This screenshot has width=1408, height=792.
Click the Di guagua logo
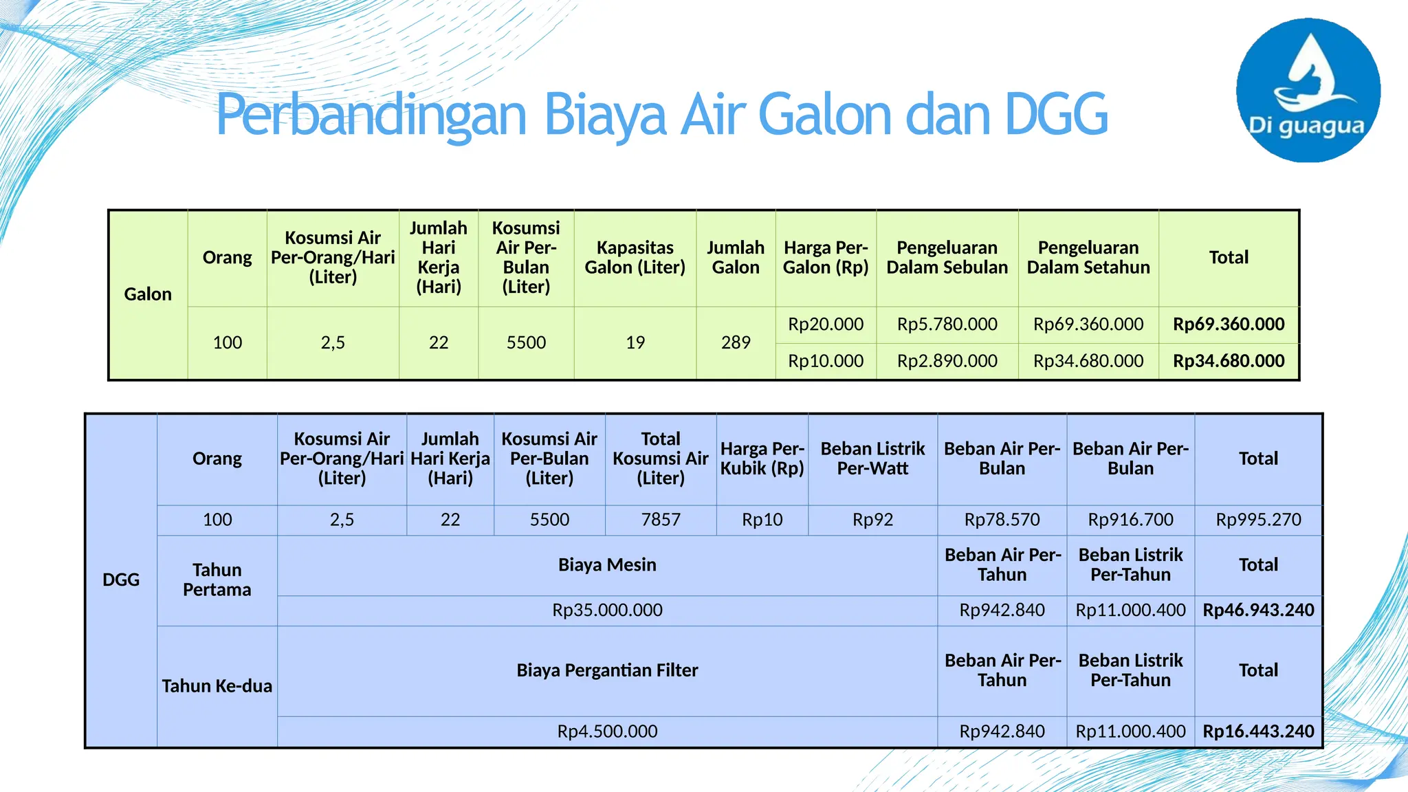tap(1308, 91)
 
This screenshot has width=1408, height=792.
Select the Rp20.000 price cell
tap(826, 324)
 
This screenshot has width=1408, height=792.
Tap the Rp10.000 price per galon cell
tap(826, 361)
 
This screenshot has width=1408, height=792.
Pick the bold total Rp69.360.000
tap(1229, 324)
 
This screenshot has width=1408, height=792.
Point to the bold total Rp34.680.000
tap(1229, 361)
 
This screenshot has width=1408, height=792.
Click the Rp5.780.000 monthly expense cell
tap(947, 324)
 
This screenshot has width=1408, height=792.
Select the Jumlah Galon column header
tap(736, 258)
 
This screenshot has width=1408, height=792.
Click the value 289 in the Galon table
tap(736, 342)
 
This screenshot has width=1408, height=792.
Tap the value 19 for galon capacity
tap(635, 342)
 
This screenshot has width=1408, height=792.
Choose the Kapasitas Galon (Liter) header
tap(635, 258)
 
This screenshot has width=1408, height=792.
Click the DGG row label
tap(121, 580)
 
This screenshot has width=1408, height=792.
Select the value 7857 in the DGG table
tap(661, 520)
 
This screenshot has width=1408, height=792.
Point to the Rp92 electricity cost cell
tap(872, 520)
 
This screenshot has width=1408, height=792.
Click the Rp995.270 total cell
tap(1258, 520)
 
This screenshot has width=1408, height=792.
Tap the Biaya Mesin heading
tap(607, 565)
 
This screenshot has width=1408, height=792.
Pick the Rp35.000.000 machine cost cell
tap(607, 610)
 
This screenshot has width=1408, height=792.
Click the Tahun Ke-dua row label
tap(217, 686)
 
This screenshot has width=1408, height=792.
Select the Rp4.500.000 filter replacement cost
tap(607, 731)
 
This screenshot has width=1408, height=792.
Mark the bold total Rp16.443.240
tap(1258, 731)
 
